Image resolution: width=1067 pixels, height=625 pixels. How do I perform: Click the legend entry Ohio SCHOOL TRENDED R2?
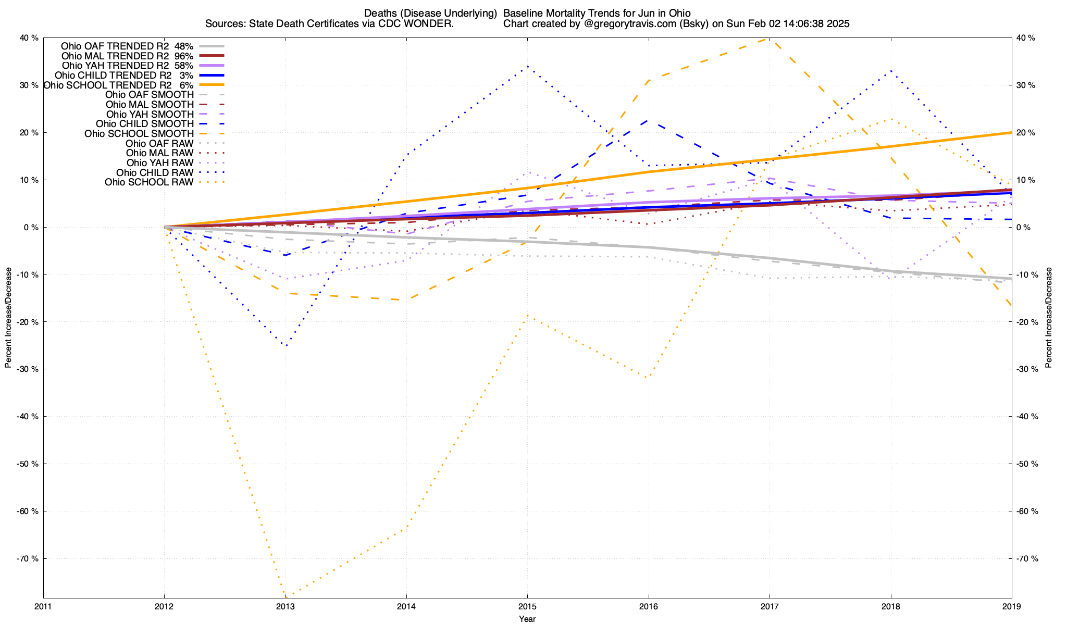[x=107, y=85]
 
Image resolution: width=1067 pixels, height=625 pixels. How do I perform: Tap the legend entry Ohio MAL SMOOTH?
[x=150, y=105]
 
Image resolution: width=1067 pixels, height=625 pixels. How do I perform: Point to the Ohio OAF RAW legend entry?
[x=159, y=143]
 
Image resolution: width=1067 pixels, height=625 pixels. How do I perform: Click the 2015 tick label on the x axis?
[x=527, y=607]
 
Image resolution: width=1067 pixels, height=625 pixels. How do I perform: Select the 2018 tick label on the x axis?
[x=891, y=607]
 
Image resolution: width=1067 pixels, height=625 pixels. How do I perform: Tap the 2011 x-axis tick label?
[x=43, y=607]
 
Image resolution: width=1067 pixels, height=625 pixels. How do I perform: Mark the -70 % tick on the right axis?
[x=1027, y=558]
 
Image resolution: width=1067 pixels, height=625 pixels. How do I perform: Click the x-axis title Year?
[x=527, y=619]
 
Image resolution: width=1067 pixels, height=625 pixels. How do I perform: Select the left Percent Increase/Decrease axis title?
[x=8, y=318]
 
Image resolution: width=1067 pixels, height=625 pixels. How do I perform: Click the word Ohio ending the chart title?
[x=679, y=13]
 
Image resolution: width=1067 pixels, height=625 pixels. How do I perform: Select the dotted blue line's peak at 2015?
[x=527, y=66]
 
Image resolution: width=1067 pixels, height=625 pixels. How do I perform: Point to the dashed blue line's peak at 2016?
[x=648, y=120]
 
